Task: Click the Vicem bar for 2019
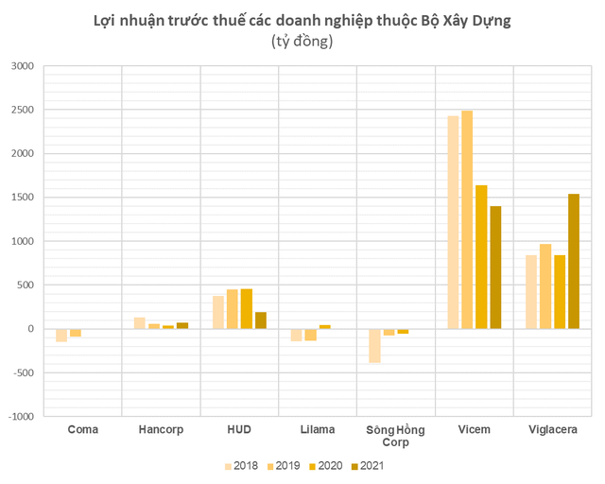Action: click(x=467, y=219)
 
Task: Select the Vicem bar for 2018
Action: click(x=453, y=222)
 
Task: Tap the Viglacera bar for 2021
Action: click(x=573, y=261)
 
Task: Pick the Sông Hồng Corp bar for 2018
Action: click(x=374, y=346)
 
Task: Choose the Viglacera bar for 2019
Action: click(x=544, y=286)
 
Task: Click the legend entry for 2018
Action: click(x=243, y=465)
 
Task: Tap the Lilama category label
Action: click(x=316, y=430)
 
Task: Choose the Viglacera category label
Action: click(x=552, y=430)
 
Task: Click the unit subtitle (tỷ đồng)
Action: click(x=302, y=42)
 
